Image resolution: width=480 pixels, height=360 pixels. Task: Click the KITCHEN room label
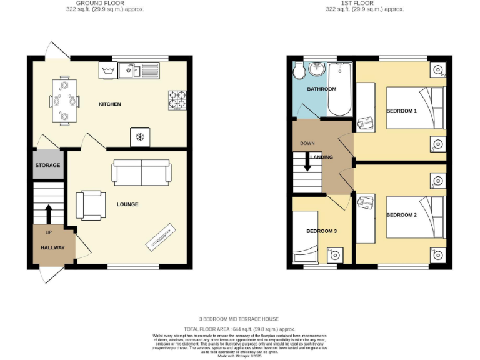point(109,104)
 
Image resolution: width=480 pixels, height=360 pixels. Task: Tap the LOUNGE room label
point(127,204)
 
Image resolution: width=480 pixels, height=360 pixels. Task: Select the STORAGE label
point(47,166)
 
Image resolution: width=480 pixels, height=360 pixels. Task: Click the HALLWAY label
point(53,248)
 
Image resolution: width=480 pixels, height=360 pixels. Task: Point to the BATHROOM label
point(321,89)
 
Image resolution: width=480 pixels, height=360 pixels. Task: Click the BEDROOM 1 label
point(401,111)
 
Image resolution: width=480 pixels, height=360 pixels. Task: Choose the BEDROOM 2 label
point(401,215)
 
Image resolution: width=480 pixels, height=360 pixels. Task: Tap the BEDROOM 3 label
point(321,231)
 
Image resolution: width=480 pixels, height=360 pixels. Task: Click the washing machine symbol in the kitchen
point(107,70)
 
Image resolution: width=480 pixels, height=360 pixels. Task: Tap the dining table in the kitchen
point(64,101)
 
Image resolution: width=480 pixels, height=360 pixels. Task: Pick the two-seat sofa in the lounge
point(141,172)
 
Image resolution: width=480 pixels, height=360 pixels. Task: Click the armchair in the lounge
point(89,206)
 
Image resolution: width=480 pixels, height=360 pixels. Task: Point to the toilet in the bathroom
point(299,71)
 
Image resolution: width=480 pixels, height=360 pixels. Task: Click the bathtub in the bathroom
point(341,89)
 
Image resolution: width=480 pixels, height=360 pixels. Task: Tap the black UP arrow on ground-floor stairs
point(48,213)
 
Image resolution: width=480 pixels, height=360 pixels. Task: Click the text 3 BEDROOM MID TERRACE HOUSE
point(239,319)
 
